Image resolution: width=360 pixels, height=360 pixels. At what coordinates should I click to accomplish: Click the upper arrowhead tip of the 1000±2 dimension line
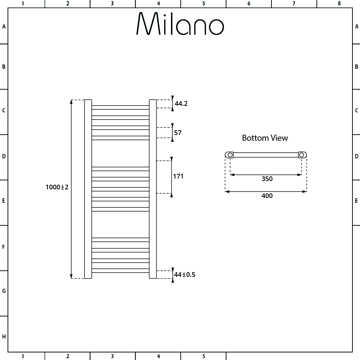(x=71, y=100)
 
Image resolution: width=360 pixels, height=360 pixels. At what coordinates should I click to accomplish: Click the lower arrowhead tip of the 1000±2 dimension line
(x=71, y=278)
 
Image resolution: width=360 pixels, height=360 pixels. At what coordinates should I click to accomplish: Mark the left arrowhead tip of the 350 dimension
(x=230, y=175)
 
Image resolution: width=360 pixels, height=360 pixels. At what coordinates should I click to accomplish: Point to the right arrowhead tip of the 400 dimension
(x=306, y=192)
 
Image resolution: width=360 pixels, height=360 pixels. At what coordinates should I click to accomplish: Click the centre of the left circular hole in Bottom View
(x=230, y=155)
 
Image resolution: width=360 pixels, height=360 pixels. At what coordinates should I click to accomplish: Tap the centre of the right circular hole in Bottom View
(x=301, y=155)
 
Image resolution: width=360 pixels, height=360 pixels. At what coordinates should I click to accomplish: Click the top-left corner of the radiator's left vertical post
(x=85, y=100)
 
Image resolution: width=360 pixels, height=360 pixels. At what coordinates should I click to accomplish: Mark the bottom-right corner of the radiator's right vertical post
(x=156, y=279)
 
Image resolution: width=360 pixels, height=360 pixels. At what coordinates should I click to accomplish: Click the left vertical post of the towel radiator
(x=88, y=189)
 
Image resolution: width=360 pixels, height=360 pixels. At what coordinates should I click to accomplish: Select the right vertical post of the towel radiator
(x=153, y=189)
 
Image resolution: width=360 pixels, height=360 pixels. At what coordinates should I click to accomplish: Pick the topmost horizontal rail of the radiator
(x=121, y=107)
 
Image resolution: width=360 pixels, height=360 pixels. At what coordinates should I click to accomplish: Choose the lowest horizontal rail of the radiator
(x=121, y=271)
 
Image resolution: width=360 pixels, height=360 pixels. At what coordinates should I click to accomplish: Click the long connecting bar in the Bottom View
(x=266, y=155)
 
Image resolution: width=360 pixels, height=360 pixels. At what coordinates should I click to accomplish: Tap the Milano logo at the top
(x=180, y=23)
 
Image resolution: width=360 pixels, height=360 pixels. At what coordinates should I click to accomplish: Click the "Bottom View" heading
(x=265, y=138)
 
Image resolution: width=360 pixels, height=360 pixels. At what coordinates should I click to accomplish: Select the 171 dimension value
(x=178, y=176)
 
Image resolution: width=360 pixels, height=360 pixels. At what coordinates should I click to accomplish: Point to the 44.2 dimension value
(x=181, y=104)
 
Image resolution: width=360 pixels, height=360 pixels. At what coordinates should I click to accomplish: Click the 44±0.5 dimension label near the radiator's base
(x=185, y=274)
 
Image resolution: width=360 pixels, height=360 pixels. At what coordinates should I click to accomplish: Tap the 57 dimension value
(x=178, y=133)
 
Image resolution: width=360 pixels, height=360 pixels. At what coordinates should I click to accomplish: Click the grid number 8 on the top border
(x=339, y=4)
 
